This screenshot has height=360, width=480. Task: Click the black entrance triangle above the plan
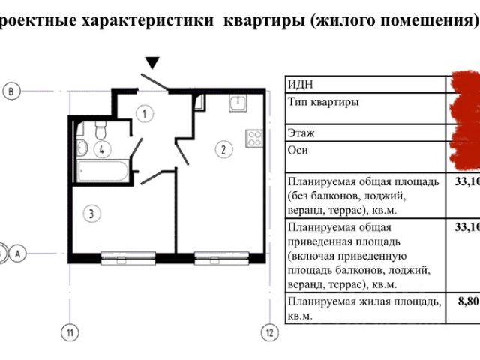pos(153,63)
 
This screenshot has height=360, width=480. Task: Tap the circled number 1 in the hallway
pos(144,114)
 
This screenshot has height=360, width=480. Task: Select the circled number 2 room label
pos(223,149)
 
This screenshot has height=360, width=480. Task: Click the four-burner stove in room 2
pos(253,138)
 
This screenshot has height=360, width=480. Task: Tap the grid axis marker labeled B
pos(10,91)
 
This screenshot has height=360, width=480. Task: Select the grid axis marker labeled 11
pos(70,331)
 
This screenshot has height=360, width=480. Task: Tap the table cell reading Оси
pos(298,149)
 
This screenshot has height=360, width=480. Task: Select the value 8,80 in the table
pos(467,301)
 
